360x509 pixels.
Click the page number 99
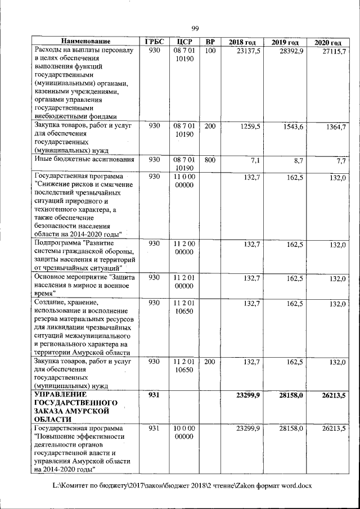195,29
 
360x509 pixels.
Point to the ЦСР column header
184,42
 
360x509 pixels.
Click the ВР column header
210,42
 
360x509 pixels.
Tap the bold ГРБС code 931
154,395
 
